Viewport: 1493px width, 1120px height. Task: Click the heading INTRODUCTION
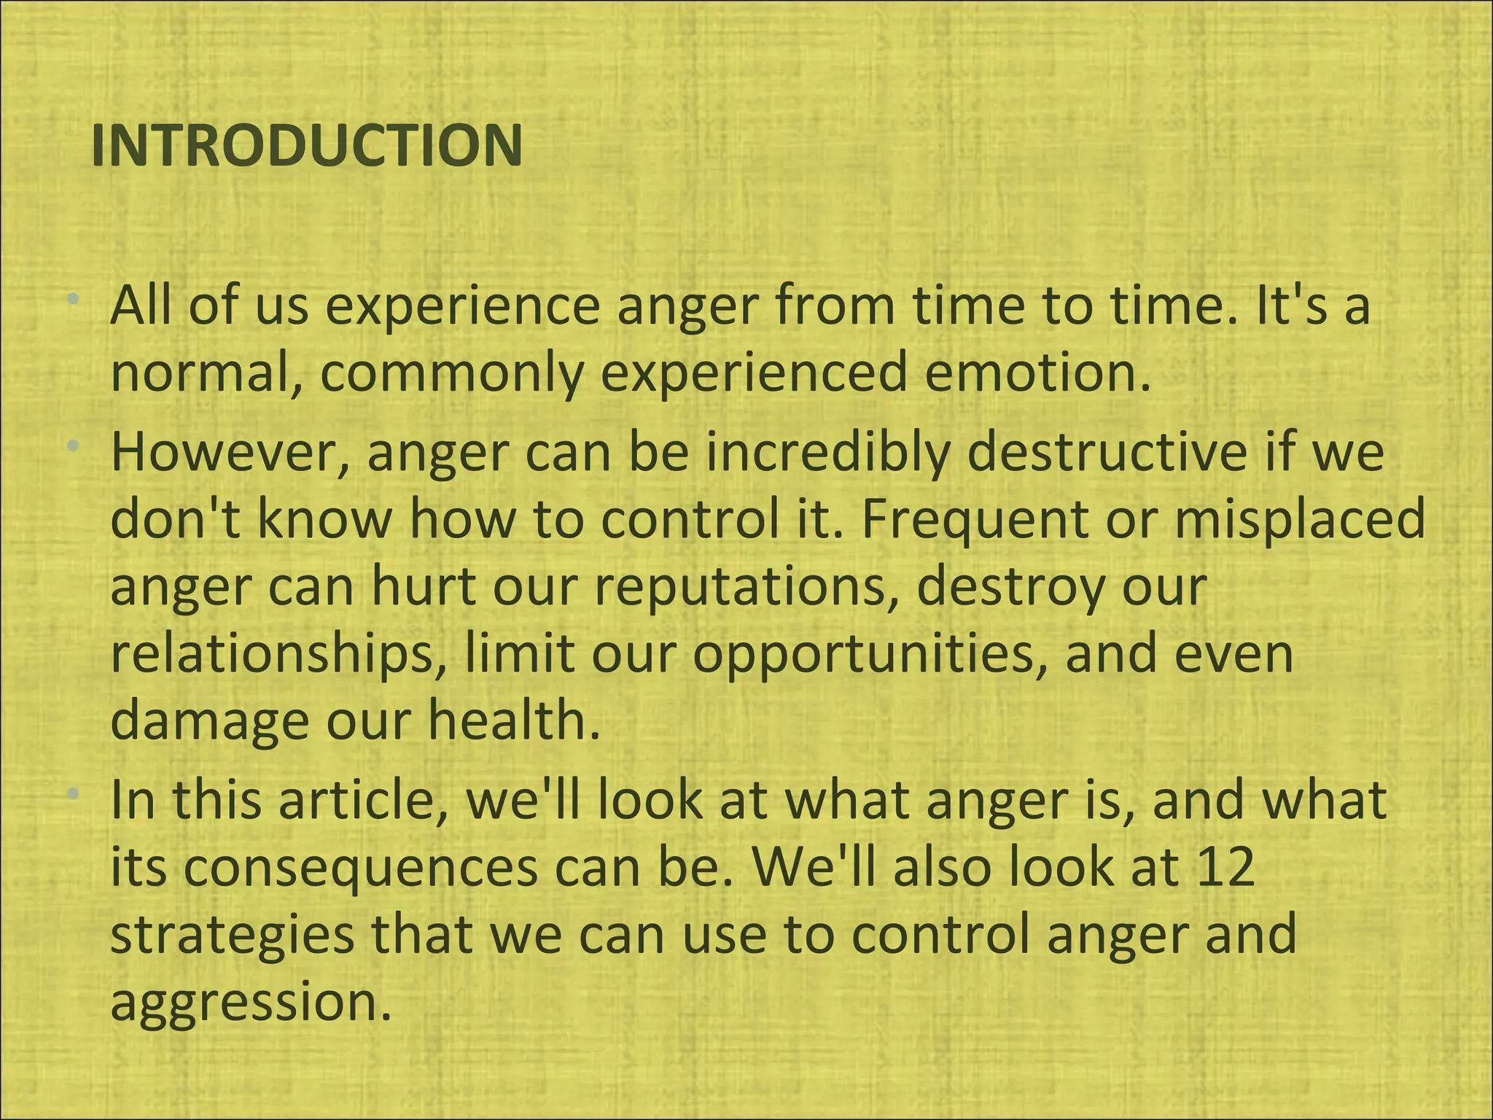307,146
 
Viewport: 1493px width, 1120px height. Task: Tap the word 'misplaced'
1299,519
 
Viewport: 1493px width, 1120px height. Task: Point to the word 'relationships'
278,653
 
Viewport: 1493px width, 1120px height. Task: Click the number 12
1225,868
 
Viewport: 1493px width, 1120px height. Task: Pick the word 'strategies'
232,935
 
